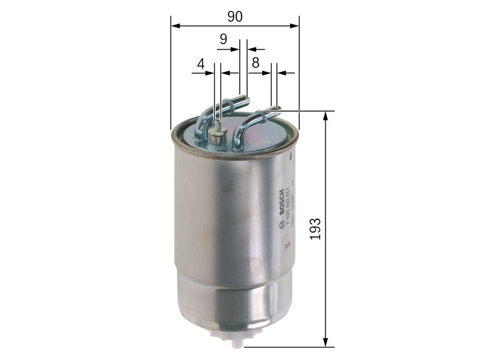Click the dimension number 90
[234, 17]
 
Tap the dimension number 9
[223, 39]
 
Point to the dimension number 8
[255, 63]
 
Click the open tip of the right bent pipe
[276, 109]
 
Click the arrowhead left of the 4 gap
[211, 73]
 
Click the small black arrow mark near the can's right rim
[291, 156]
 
